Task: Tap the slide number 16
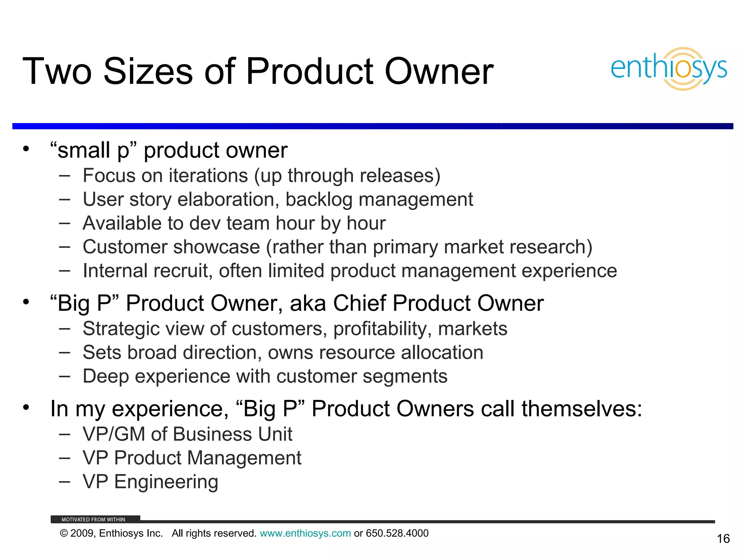tap(723, 539)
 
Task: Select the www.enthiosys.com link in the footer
tap(305, 533)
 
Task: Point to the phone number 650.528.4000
tap(397, 533)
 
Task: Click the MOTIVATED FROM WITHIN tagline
tap(93, 519)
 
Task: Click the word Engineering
tap(166, 482)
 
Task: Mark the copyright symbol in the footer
tap(64, 534)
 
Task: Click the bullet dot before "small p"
tap(25, 149)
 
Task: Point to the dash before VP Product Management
tap(64, 458)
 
